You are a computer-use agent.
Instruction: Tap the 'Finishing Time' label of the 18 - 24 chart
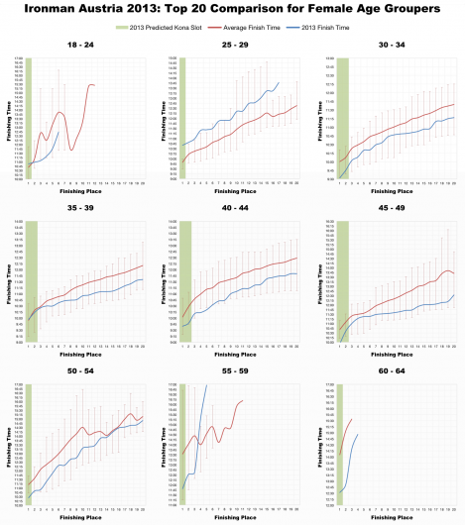9,120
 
